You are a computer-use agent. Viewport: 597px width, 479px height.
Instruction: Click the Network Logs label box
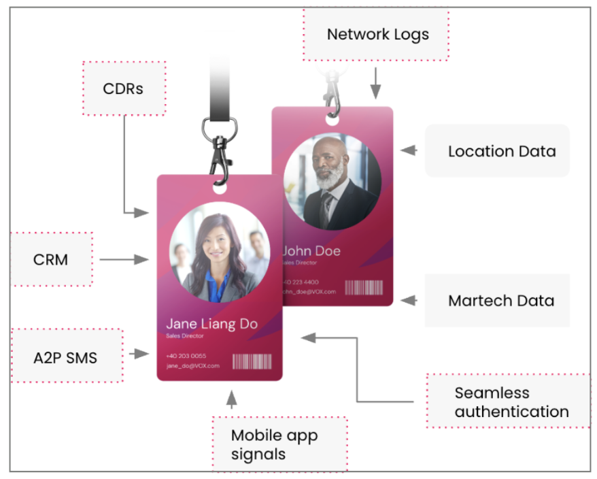[377, 34]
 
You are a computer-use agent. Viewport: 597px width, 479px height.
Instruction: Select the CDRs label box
[123, 88]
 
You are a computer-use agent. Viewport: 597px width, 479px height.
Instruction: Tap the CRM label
[51, 259]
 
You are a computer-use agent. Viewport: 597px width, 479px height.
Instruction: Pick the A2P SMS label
[66, 357]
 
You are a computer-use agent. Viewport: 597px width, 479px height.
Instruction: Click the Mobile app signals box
[279, 444]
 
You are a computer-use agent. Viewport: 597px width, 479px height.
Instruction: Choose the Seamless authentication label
[511, 402]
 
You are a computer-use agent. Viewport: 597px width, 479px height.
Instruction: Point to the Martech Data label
[500, 301]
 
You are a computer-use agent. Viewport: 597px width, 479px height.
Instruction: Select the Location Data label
[500, 151]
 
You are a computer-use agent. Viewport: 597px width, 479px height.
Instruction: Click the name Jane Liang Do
[211, 323]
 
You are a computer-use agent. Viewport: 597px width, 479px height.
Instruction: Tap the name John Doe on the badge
[311, 250]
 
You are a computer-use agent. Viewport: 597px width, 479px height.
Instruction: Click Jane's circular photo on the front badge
[219, 252]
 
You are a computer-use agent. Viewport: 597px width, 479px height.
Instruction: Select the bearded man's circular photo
[332, 181]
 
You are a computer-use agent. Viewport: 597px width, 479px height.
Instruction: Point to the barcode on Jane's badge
[252, 361]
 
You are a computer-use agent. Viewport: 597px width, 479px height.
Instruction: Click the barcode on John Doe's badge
[364, 288]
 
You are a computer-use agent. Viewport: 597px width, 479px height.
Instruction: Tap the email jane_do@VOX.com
[192, 366]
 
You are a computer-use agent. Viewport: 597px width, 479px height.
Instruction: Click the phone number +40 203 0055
[186, 356]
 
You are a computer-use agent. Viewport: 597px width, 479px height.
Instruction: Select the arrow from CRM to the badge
[124, 259]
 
